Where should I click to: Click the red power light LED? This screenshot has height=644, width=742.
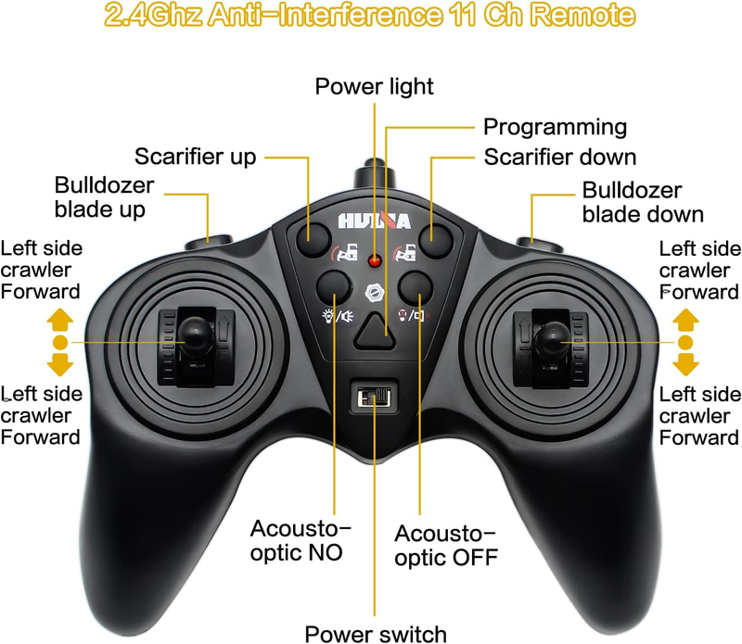[x=375, y=260]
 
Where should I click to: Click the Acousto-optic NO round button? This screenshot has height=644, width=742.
[x=334, y=286]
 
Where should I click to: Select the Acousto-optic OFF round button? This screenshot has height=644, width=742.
[x=416, y=286]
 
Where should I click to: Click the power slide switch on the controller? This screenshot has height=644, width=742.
[x=374, y=398]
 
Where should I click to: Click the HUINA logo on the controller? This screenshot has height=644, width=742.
[x=374, y=221]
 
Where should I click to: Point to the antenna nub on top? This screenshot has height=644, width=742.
[x=375, y=174]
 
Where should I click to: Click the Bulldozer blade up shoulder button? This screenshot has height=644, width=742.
[x=209, y=243]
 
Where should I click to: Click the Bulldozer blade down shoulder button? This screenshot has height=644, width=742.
[x=540, y=245]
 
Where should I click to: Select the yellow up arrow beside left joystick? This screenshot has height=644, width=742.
[x=60, y=319]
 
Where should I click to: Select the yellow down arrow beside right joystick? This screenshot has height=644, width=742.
[x=685, y=364]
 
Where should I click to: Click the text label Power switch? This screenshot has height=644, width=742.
[x=376, y=634]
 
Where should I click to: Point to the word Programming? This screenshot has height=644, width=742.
[x=555, y=128]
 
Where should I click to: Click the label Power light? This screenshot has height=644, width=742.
[x=375, y=87]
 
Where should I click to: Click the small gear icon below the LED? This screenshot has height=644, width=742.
[x=375, y=293]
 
